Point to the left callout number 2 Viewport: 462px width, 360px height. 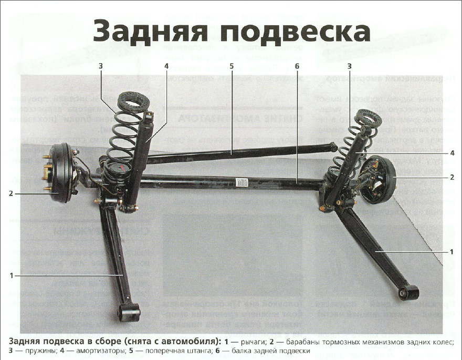[x=10, y=193]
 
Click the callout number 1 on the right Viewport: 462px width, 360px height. [x=451, y=252]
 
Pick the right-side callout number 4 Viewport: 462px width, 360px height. [x=451, y=152]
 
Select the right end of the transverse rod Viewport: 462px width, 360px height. [x=331, y=146]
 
